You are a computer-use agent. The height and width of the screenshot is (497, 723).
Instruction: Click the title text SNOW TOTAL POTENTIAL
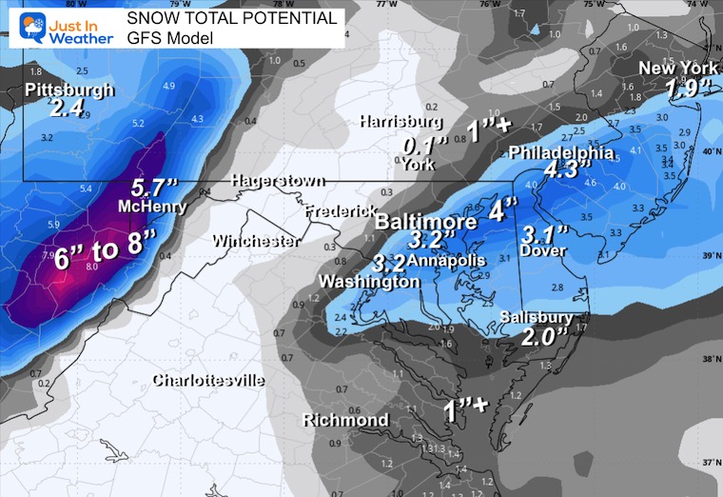point(232,18)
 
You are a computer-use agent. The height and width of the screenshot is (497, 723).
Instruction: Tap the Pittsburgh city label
point(68,90)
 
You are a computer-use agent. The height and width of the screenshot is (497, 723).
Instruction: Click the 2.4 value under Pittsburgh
point(67,109)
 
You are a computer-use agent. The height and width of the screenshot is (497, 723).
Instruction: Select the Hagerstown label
point(276,181)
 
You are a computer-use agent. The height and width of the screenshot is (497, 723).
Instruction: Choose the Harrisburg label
point(401,122)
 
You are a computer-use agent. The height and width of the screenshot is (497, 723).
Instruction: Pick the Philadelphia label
point(561,152)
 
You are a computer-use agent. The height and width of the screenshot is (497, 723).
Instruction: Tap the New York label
point(676,68)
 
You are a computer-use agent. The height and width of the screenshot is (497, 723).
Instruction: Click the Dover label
point(543,250)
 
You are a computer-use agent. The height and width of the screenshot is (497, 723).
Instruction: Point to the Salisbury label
point(538,317)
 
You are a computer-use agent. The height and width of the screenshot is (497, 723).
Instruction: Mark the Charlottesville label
point(209,381)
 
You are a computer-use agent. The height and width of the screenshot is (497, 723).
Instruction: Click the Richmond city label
point(345,420)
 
